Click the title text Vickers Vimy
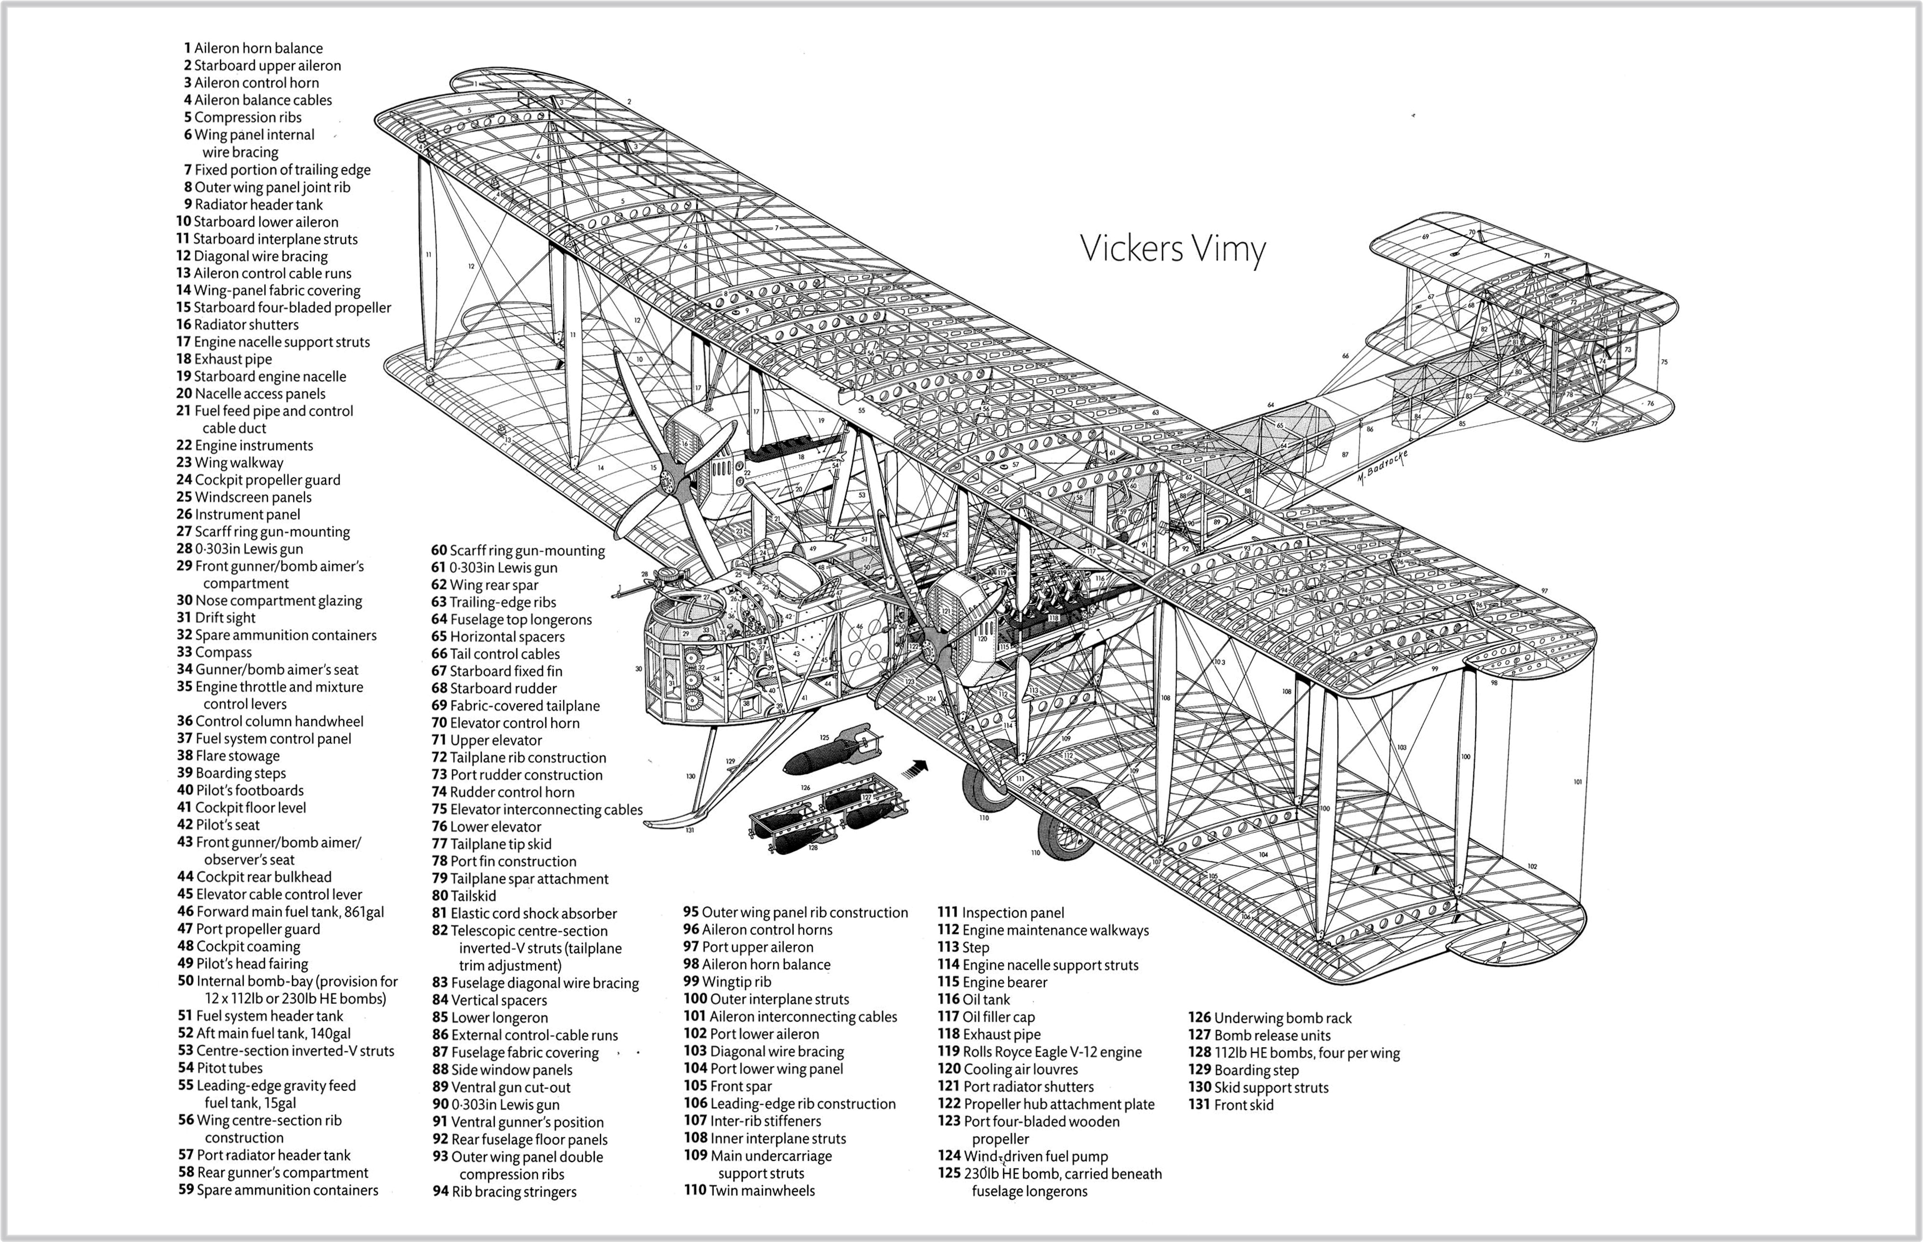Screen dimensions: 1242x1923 1172,248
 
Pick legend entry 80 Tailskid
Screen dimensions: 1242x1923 464,896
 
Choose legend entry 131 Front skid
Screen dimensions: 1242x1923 1231,1105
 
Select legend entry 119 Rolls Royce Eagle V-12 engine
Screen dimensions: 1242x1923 1040,1051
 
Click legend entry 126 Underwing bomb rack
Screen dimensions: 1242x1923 1270,1018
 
